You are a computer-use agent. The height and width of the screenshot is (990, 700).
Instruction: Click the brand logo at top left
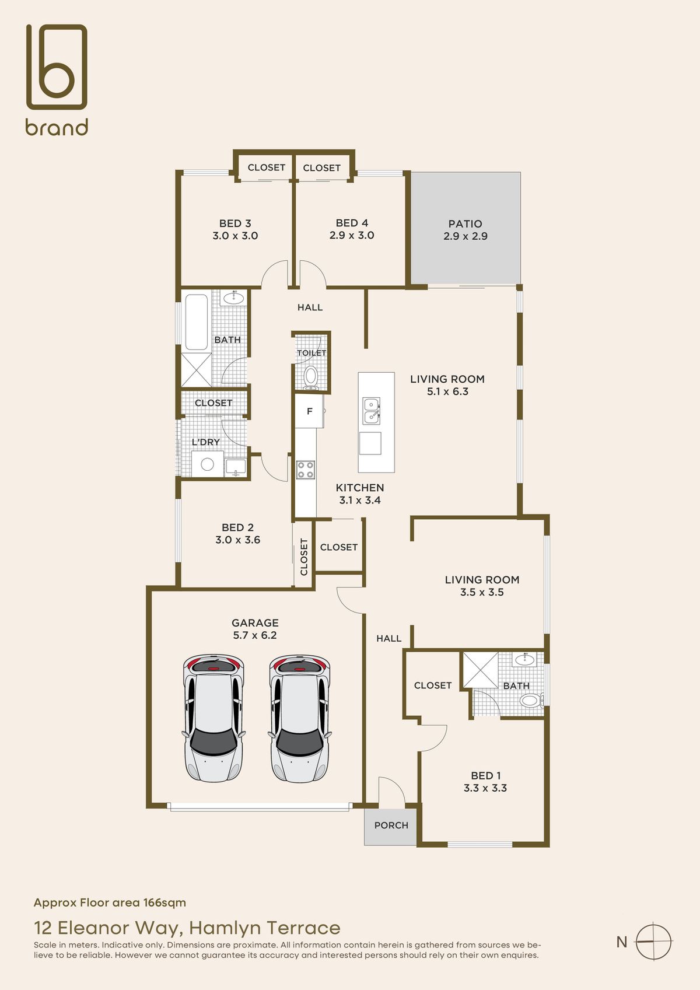pos(57,79)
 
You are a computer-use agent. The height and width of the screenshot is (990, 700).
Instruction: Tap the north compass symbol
pos(653,942)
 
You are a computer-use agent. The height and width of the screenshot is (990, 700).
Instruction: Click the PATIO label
pos(466,223)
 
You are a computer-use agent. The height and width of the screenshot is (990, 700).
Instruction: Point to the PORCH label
pos(391,825)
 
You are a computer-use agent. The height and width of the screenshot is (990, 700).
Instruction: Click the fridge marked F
pos(309,411)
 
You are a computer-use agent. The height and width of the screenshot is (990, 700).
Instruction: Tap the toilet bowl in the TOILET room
pos(311,376)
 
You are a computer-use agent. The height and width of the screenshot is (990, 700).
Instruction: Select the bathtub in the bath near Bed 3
pos(196,322)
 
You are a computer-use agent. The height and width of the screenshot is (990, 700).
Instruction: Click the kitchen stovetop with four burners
pos(306,470)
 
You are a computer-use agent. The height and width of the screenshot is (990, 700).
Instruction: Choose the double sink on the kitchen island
pos(371,411)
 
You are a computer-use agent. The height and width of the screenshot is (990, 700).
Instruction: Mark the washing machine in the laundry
pos(207,464)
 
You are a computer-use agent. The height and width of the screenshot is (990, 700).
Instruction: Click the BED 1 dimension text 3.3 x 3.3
pos(485,788)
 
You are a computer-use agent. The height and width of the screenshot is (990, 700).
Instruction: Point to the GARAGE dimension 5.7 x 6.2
pos(255,635)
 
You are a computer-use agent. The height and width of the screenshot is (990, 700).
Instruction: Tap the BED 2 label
pos(238,527)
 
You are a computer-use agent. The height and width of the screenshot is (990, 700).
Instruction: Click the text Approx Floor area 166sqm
pos(110,902)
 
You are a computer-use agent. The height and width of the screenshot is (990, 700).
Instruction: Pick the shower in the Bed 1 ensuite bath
pos(480,670)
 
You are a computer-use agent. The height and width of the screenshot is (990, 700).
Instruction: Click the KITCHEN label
pos(360,488)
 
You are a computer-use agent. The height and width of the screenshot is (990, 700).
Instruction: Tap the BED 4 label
pos(352,223)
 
